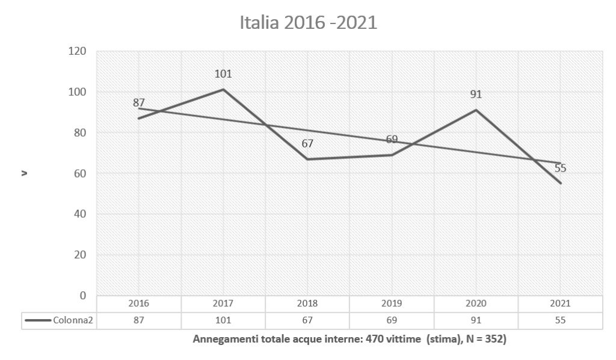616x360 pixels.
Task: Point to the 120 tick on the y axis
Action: tap(79, 52)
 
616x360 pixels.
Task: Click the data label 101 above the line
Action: tap(223, 75)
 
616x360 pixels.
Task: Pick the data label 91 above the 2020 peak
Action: tap(476, 95)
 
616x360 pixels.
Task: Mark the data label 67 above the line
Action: tap(307, 144)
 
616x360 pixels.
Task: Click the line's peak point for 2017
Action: tap(223, 90)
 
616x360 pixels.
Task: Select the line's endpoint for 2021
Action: tap(561, 183)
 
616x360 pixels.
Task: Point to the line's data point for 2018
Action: tap(307, 159)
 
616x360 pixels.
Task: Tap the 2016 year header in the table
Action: tap(138, 304)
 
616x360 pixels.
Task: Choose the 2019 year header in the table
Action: tap(392, 304)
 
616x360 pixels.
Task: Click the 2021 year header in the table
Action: tap(560, 304)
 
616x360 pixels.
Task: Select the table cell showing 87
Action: tap(138, 320)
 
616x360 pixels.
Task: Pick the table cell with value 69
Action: tap(392, 320)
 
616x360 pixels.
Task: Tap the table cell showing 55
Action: tap(560, 320)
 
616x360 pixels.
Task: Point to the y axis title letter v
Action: tap(25, 174)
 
